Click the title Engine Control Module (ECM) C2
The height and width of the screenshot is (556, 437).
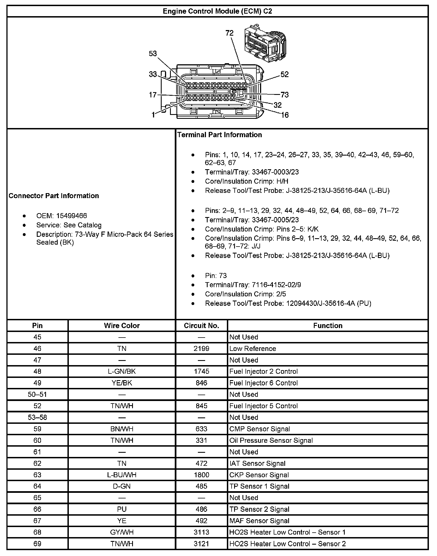[x=217, y=11]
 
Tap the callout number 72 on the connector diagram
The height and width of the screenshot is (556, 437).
[x=229, y=33]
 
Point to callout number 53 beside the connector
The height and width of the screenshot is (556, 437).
[x=153, y=54]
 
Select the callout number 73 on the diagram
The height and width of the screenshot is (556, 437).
[x=285, y=95]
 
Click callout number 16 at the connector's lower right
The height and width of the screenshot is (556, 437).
[x=285, y=115]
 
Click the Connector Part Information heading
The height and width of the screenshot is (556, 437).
[x=54, y=196]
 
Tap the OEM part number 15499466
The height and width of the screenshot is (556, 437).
[x=72, y=216]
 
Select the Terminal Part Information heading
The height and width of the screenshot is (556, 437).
[x=220, y=135]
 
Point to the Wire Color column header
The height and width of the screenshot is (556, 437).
[x=122, y=326]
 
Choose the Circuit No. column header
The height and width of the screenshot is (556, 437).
[x=201, y=326]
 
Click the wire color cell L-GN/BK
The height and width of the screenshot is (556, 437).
[x=122, y=372]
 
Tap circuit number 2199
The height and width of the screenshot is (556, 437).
[x=201, y=349]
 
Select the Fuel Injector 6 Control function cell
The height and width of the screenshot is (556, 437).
[x=263, y=383]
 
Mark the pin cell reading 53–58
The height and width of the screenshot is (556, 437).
[x=37, y=417]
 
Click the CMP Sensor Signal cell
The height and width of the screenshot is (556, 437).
[x=259, y=429]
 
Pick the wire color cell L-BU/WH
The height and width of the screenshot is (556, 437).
[x=122, y=475]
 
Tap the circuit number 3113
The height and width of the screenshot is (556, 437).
[x=201, y=532]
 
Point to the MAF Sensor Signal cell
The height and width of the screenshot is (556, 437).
[x=259, y=521]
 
